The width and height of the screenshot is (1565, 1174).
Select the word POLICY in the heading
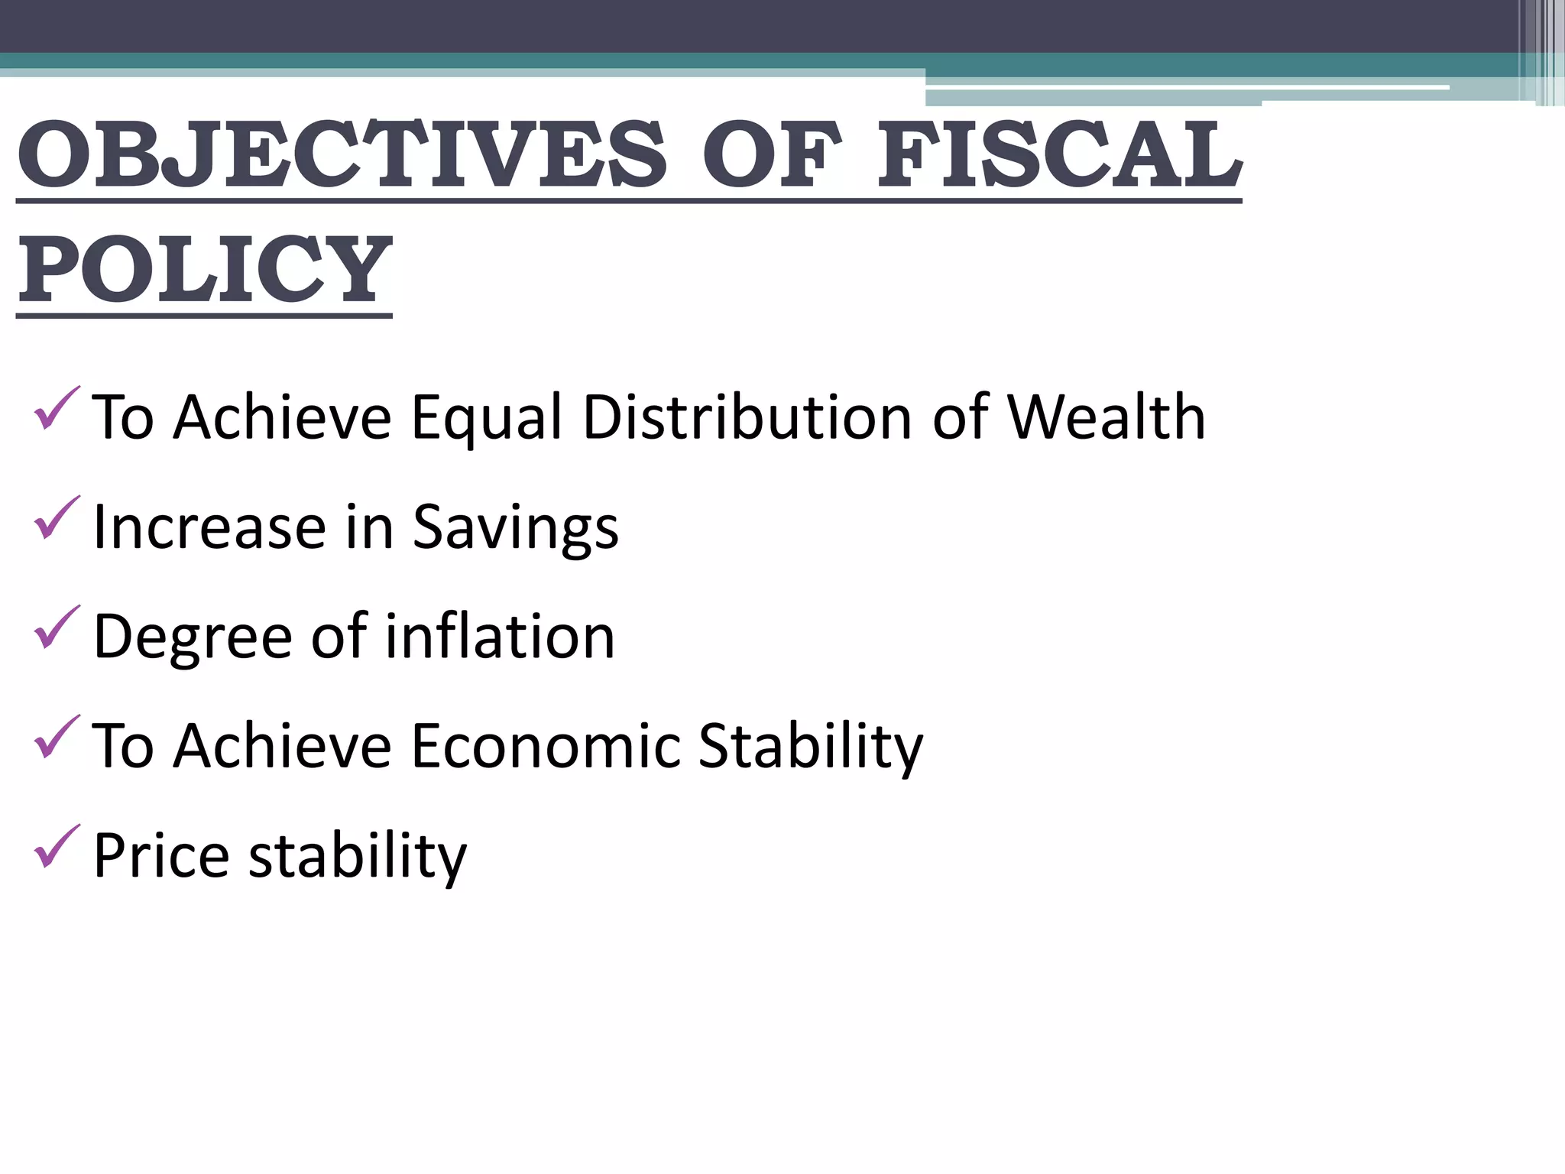tap(205, 269)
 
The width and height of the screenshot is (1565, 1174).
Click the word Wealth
tap(1106, 417)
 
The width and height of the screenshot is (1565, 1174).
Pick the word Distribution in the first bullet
tap(747, 417)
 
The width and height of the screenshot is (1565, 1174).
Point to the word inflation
tap(500, 636)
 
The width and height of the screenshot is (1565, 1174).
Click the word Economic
tap(546, 746)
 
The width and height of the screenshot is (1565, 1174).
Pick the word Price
tap(161, 855)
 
